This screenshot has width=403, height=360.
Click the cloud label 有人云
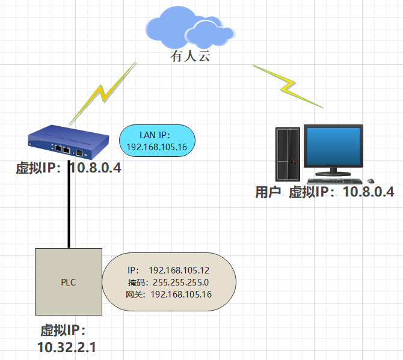coord(191,58)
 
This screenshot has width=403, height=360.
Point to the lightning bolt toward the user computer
coord(288,84)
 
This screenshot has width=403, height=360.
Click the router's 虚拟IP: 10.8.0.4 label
coord(69,168)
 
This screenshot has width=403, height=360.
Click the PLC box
coord(68,282)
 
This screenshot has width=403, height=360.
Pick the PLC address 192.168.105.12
coord(179,270)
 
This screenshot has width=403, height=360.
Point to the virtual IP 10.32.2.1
coord(67,347)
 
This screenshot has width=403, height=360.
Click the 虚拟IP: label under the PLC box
coord(64,331)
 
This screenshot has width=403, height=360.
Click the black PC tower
coord(287,154)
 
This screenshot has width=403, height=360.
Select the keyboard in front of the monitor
coord(334,180)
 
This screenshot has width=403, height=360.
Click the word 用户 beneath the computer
coord(268,192)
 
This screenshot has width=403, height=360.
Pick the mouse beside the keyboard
coord(371,180)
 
